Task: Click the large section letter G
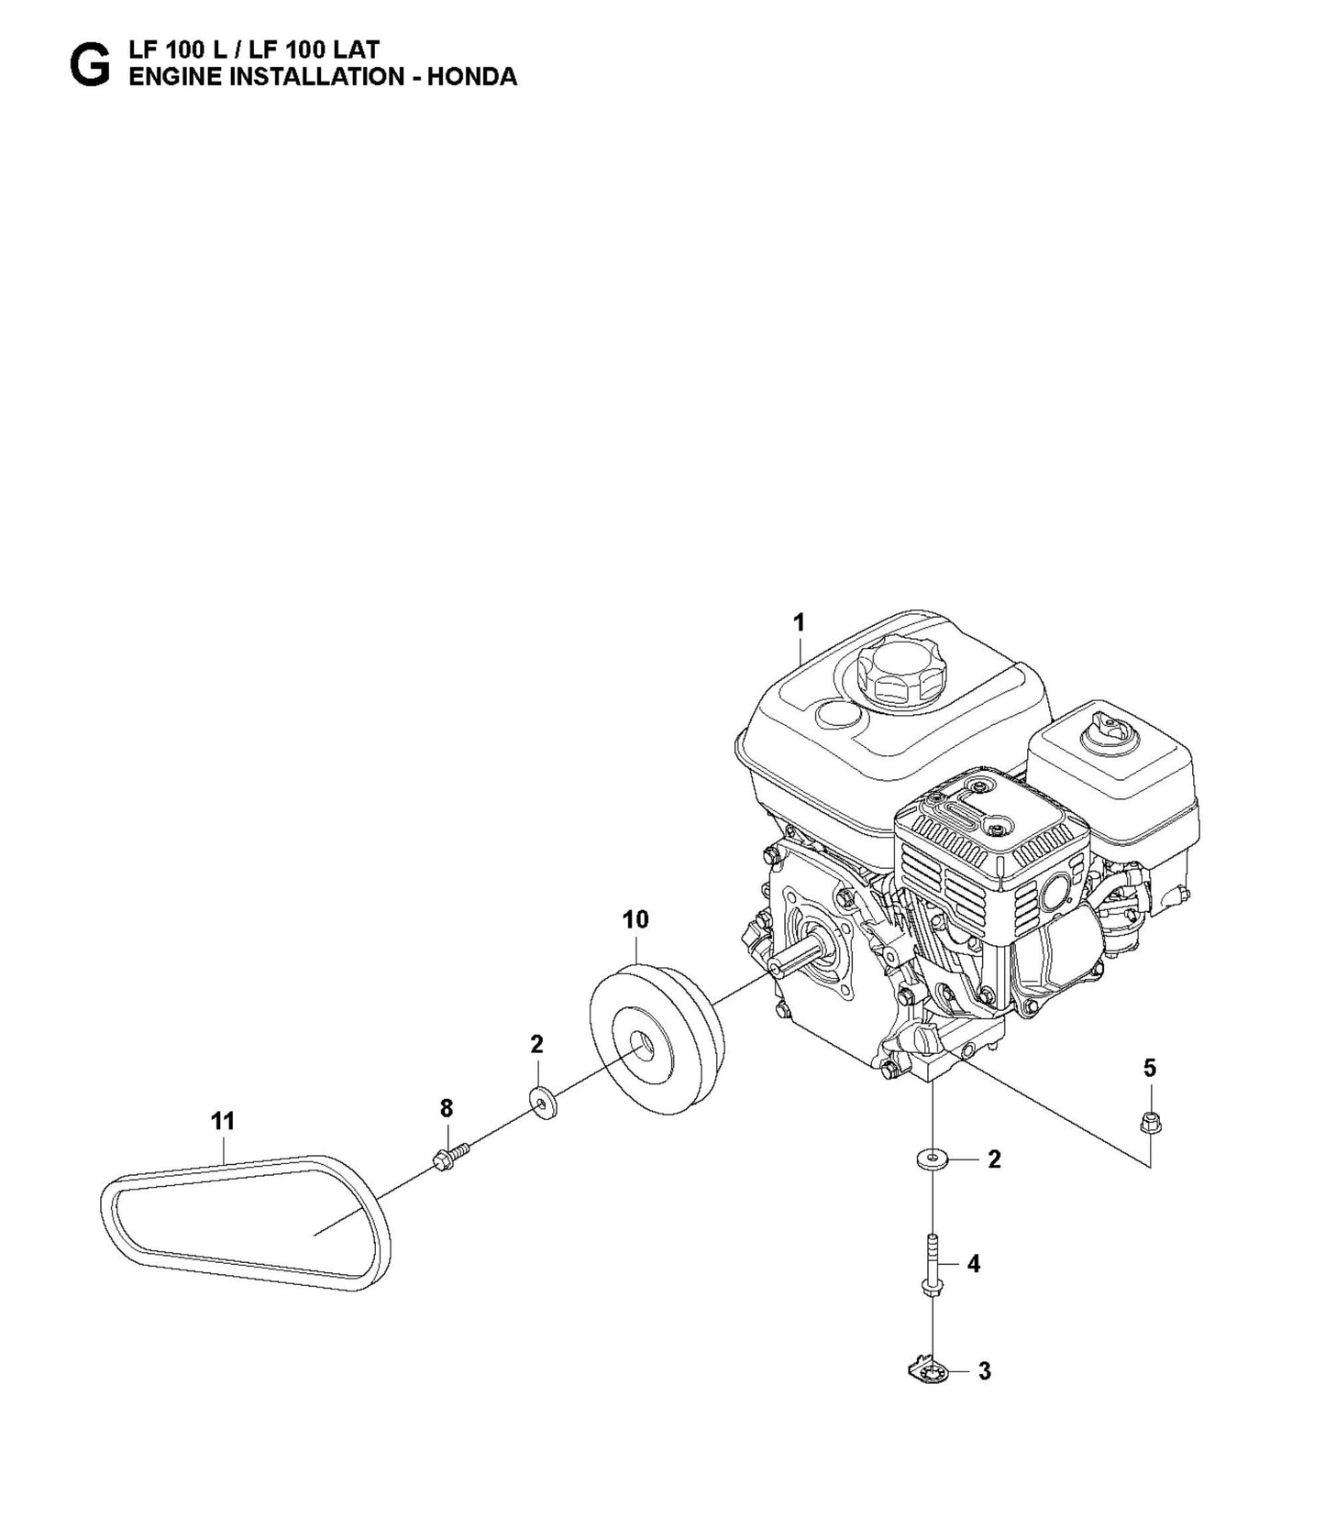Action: tap(89, 64)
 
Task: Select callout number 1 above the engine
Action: tap(799, 623)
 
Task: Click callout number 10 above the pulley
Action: tap(635, 919)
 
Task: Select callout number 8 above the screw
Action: tap(447, 1109)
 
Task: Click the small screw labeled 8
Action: tap(449, 1158)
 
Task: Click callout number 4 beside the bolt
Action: tap(974, 1264)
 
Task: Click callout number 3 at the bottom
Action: tap(985, 1371)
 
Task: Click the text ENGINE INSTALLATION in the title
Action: tap(266, 77)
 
